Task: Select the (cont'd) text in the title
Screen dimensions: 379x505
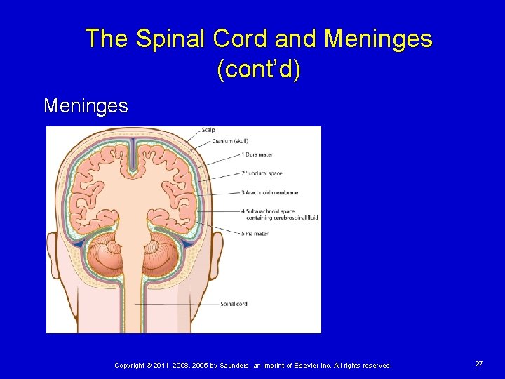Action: coord(259,71)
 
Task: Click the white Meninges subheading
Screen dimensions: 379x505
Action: coord(86,106)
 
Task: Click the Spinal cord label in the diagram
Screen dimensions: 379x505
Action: coord(234,304)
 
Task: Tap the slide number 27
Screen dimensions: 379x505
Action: coord(478,364)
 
